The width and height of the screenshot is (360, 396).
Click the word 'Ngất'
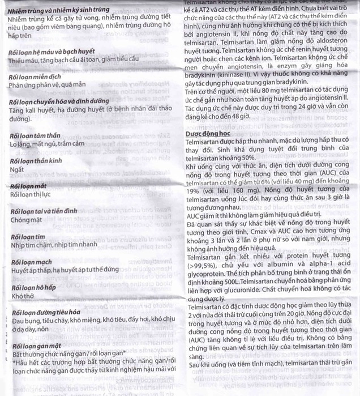(18, 169)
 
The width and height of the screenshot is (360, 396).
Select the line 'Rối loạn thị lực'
(31, 194)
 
